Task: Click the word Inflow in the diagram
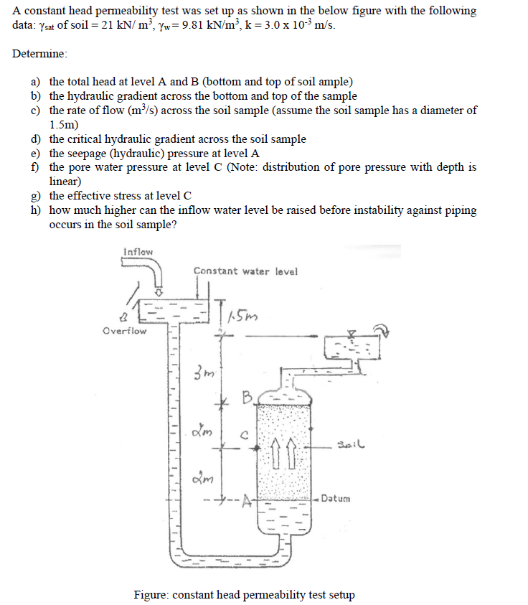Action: (x=138, y=252)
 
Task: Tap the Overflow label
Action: (x=124, y=331)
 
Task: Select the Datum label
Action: (x=336, y=498)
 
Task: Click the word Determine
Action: (x=40, y=54)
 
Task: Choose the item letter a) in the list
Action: (x=35, y=82)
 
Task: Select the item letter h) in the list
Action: (x=35, y=210)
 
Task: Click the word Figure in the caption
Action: (x=152, y=595)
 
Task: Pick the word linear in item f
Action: (x=66, y=182)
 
